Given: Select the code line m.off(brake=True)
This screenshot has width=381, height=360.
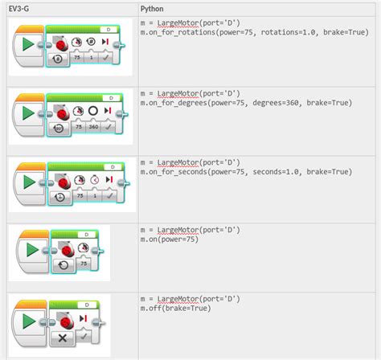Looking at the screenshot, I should click(174, 308).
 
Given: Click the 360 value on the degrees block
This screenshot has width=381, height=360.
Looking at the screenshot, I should click(92, 127).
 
